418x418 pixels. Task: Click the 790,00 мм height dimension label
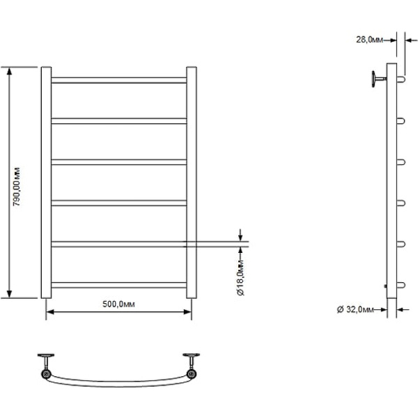point(17,187)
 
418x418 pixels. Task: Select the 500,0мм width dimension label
point(118,304)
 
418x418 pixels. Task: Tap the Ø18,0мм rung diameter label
point(240,277)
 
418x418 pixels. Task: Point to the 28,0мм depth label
point(369,40)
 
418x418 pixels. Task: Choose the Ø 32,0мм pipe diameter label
point(355,309)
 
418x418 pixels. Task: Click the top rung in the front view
point(119,80)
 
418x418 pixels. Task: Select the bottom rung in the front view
point(119,285)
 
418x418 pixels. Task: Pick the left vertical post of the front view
point(46,183)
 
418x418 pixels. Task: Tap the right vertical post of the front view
point(192,183)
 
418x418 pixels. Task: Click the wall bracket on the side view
point(378,79)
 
